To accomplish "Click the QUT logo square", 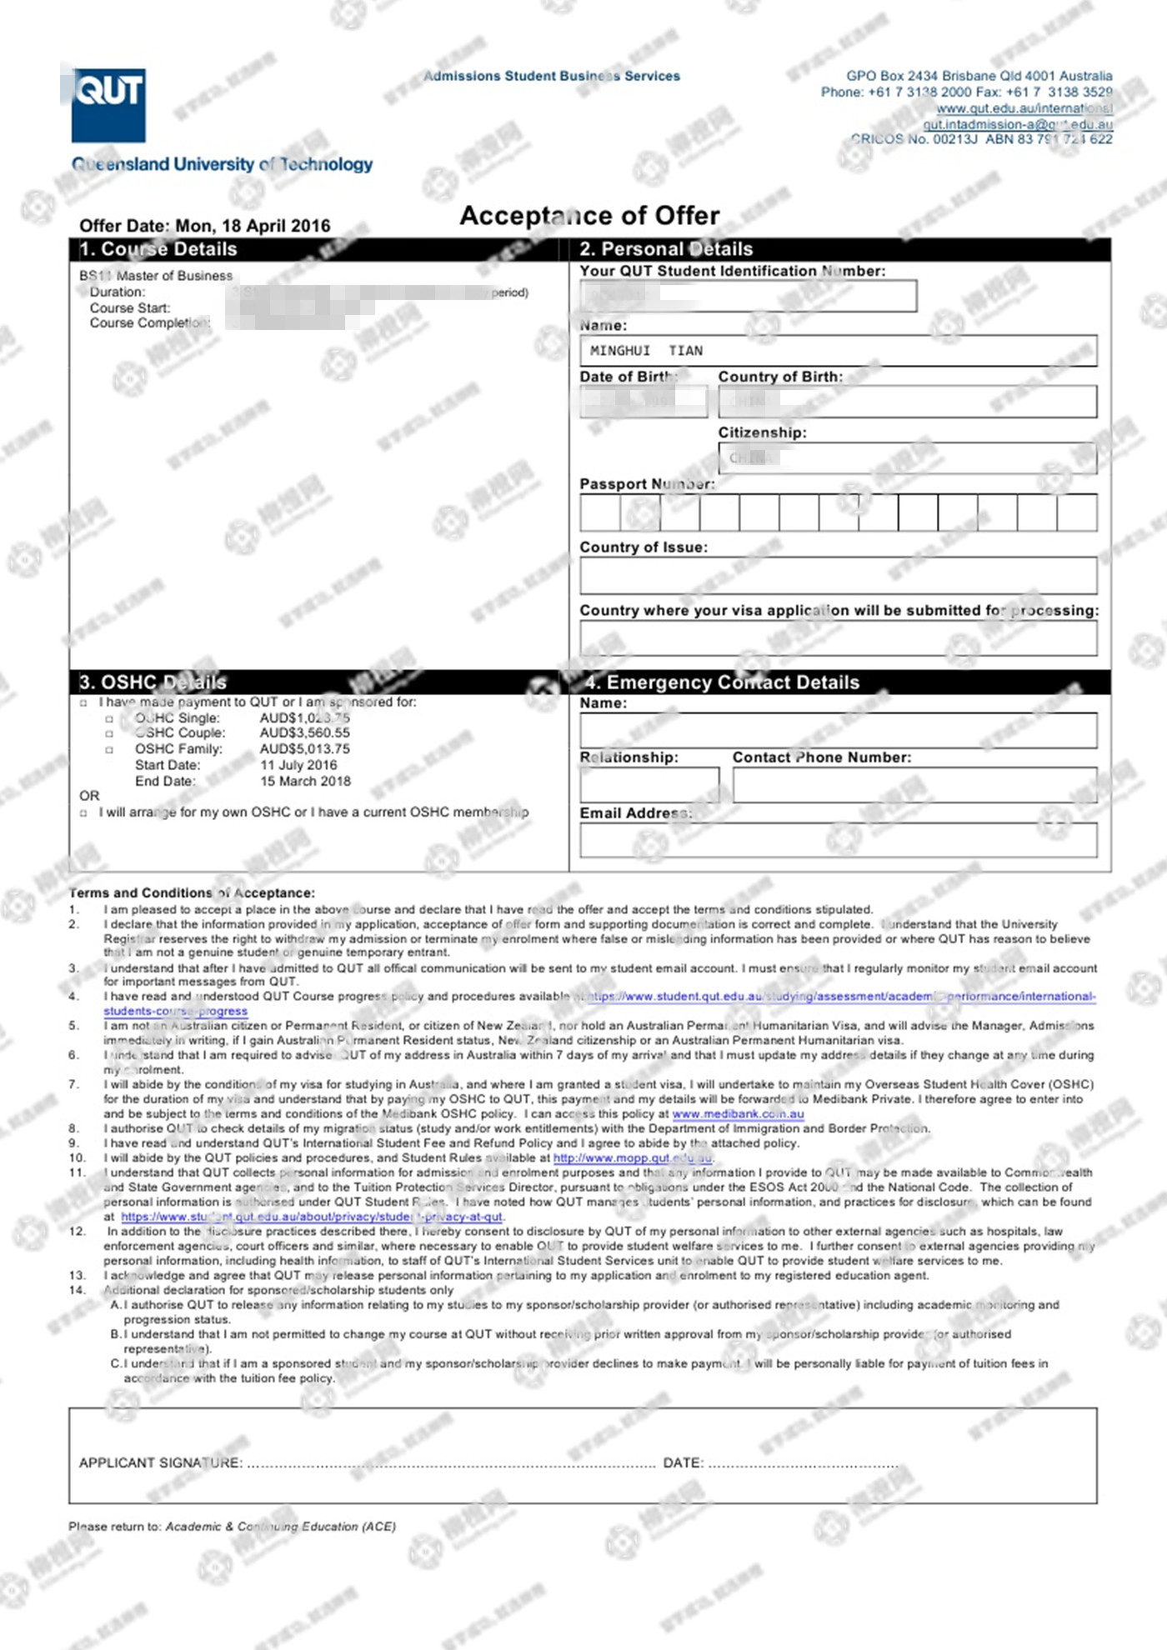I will pyautogui.click(x=108, y=105).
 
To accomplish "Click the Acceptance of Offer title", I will pyautogui.click(x=589, y=216).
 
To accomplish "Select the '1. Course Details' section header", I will pyautogui.click(x=158, y=249).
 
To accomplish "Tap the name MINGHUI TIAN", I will pyautogui.click(x=646, y=351).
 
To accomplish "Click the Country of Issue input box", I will pyautogui.click(x=838, y=576).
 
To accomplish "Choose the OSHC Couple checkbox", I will pyautogui.click(x=109, y=734).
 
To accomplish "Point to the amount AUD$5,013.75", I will pyautogui.click(x=305, y=749).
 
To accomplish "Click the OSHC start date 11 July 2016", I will pyautogui.click(x=298, y=765).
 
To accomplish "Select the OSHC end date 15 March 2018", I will pyautogui.click(x=305, y=782).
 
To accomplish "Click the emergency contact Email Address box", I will pyautogui.click(x=838, y=840).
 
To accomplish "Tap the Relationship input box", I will pyautogui.click(x=649, y=784).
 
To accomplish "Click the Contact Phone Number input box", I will pyautogui.click(x=914, y=784).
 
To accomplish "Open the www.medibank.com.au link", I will pyautogui.click(x=738, y=1114).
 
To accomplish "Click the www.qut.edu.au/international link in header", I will pyautogui.click(x=1024, y=108).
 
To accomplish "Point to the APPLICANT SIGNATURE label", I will pyautogui.click(x=160, y=1462).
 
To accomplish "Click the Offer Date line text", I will pyautogui.click(x=204, y=226).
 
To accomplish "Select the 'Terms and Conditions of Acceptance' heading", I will pyautogui.click(x=192, y=892).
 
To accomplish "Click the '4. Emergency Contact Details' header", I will pyautogui.click(x=721, y=682).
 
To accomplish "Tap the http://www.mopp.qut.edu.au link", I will pyautogui.click(x=633, y=1157).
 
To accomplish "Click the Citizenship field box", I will pyautogui.click(x=907, y=457).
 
